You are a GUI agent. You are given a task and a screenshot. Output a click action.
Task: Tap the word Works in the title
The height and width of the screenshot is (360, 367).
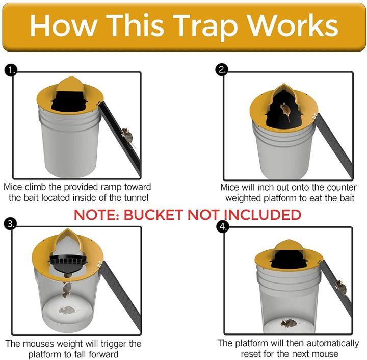click(x=294, y=25)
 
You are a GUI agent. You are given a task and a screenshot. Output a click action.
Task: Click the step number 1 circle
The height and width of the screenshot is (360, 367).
click(x=11, y=70)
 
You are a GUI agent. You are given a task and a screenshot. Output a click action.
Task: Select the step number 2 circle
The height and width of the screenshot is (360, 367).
click(x=222, y=70)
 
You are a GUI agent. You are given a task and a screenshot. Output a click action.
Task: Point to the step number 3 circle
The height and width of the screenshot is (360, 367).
click(x=11, y=223)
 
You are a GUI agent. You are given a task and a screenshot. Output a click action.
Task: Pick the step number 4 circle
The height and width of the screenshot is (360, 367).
click(x=222, y=226)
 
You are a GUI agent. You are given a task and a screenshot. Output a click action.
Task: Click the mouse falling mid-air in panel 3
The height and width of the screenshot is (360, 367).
click(x=66, y=290)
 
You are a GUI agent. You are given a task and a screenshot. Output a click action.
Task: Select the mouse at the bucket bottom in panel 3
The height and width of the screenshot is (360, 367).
click(x=66, y=310)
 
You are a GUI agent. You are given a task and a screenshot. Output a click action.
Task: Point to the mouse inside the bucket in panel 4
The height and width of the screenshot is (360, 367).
click(x=289, y=322)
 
